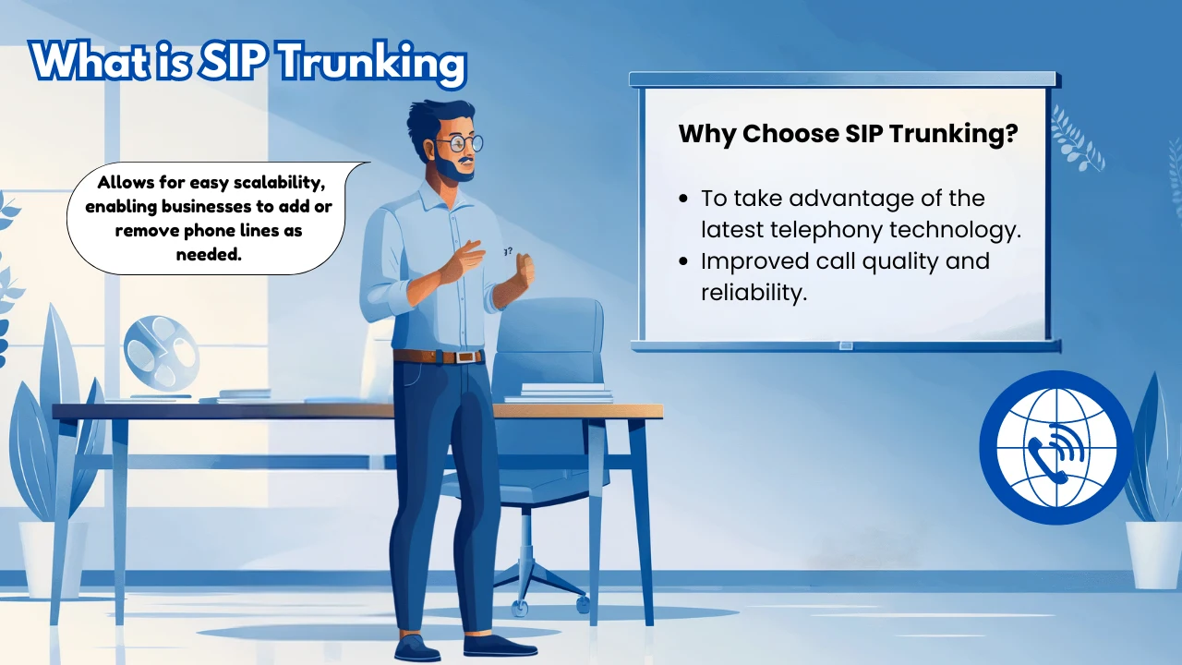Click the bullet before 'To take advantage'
coord(683,199)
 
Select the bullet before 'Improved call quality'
coord(683,262)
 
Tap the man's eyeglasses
coord(459,143)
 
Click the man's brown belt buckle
coord(467,357)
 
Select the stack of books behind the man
coord(559,393)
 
